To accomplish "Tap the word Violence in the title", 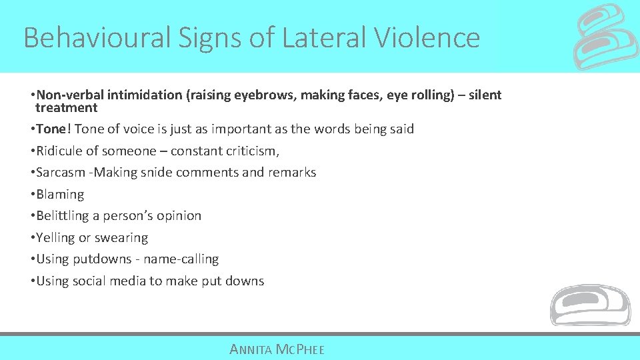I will (x=427, y=38).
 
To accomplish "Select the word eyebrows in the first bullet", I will (x=263, y=95).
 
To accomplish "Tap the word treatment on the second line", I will (x=67, y=107).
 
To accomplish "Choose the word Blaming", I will (x=60, y=194).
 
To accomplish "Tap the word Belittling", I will (x=65, y=215).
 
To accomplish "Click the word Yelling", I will (x=57, y=237).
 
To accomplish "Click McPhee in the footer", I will (x=301, y=349).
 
